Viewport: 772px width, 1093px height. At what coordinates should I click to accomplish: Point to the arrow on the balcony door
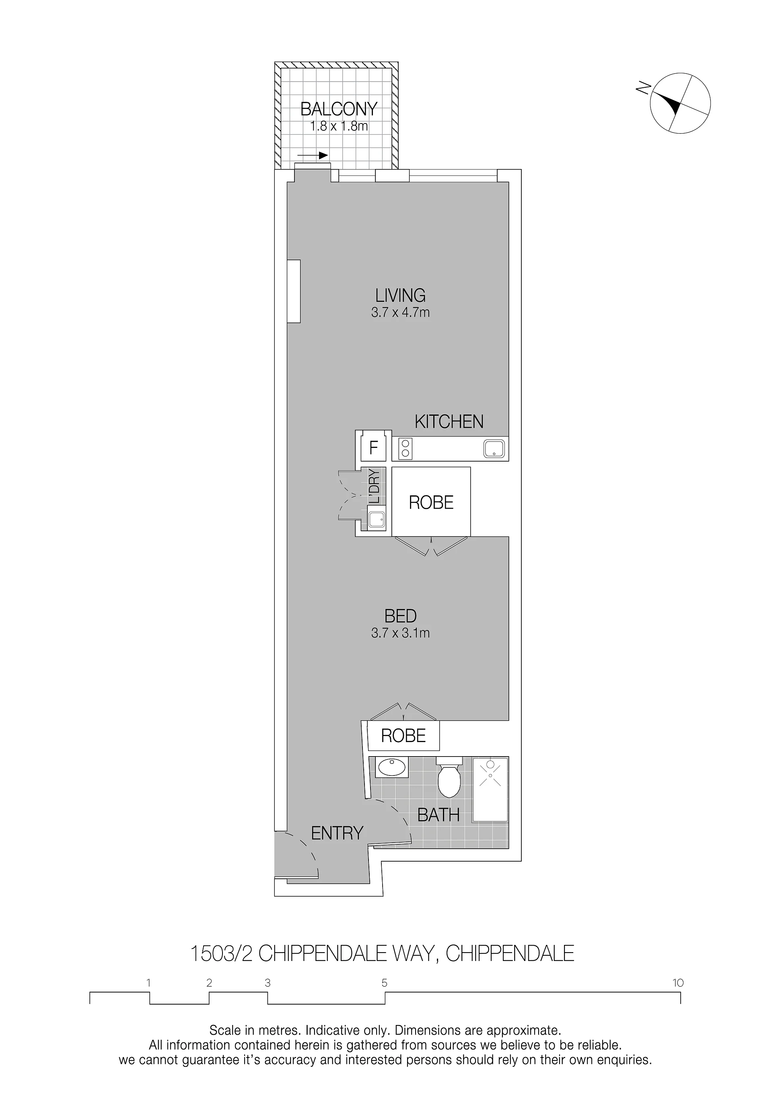coord(313,155)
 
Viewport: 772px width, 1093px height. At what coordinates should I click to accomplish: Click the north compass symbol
coord(680,103)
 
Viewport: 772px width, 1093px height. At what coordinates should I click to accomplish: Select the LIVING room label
coord(400,296)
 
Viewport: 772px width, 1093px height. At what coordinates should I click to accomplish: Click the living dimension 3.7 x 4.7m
coord(400,313)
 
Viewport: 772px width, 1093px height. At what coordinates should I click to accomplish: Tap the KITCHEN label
coord(449,422)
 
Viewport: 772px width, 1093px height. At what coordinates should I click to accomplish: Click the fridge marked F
coord(374,448)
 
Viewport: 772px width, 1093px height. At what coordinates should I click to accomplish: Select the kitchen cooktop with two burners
coord(405,448)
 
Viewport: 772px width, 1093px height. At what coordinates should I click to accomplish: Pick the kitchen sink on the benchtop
coord(494,448)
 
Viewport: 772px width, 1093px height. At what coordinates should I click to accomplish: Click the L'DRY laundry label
coord(375,487)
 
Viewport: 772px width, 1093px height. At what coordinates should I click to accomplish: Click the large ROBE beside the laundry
coord(431,502)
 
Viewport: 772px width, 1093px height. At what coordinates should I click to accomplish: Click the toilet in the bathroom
coord(449,777)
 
